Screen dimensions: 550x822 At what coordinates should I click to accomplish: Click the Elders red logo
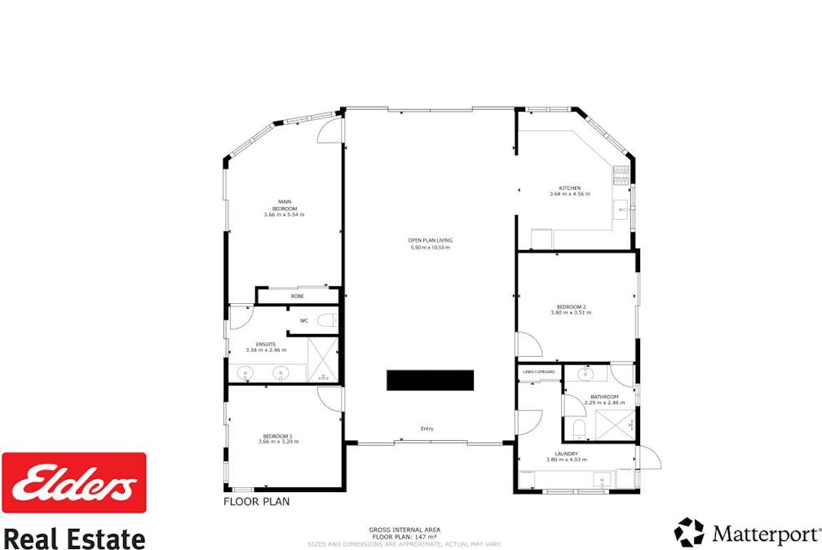74,482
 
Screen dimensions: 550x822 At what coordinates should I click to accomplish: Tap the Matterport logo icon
688,532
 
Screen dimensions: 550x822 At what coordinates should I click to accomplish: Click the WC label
303,320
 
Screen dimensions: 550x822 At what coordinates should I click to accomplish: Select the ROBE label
297,296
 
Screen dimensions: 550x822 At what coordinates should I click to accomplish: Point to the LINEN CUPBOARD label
539,372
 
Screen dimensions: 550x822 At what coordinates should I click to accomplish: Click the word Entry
426,429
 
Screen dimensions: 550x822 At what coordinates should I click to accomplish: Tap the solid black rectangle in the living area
430,381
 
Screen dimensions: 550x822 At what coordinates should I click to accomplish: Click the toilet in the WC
326,320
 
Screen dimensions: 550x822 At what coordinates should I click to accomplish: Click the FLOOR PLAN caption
256,502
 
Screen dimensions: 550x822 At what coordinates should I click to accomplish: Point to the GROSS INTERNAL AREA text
404,530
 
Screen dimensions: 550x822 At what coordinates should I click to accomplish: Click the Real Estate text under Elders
74,538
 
